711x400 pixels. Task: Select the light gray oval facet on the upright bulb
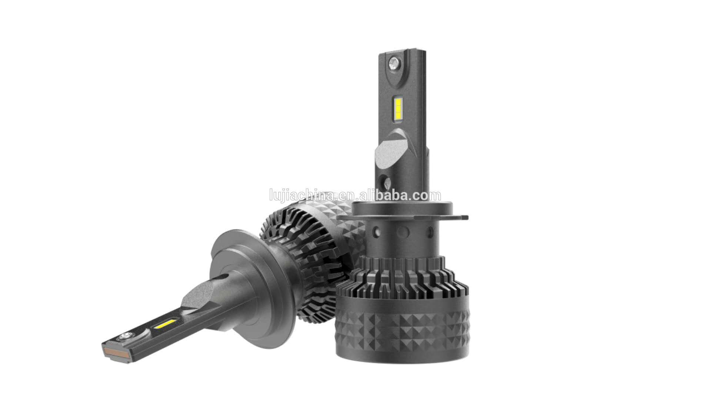393,150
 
